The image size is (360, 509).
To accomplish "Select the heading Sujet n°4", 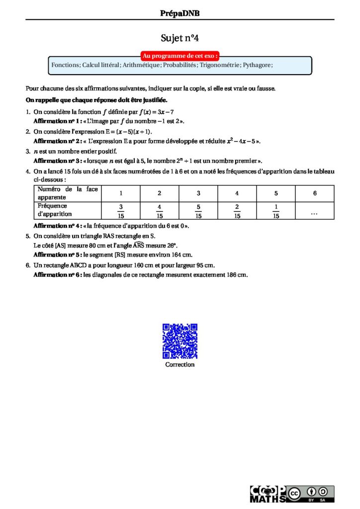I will (x=180, y=38).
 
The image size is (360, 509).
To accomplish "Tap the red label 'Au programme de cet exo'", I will (x=180, y=56).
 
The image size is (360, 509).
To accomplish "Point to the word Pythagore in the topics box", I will (x=258, y=65).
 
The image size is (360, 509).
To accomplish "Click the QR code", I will (x=180, y=341).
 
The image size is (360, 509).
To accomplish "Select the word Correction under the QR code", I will (x=180, y=364).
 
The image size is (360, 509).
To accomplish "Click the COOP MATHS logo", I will (x=268, y=494).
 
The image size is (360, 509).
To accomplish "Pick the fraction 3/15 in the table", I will (x=121, y=211).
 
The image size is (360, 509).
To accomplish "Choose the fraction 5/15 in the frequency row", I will (x=198, y=211).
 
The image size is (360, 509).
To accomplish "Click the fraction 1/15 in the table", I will (x=276, y=211).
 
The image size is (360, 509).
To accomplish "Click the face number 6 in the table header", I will (x=315, y=193).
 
